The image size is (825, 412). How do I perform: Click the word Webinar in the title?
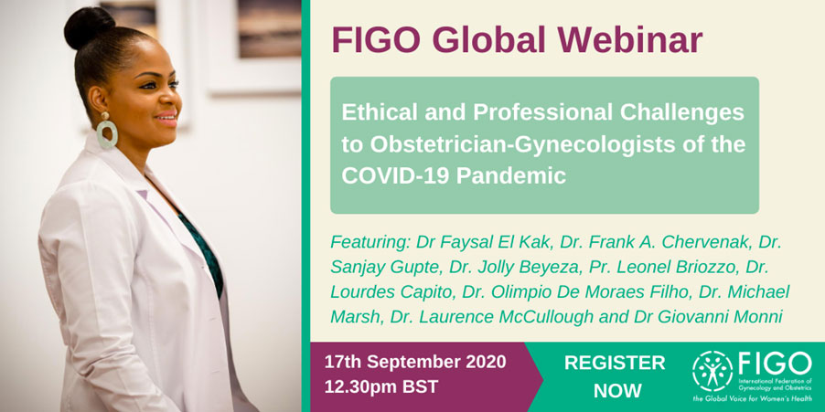point(630,39)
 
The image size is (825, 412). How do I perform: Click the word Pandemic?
point(511,175)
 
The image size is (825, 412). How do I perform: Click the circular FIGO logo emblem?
point(712,371)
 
